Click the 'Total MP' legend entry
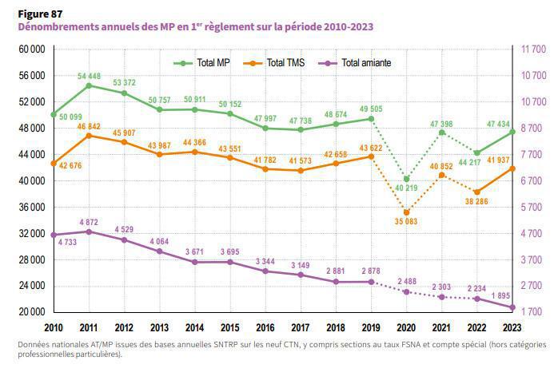tap(213, 61)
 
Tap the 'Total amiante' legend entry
tap(365, 61)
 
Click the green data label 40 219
tap(406, 188)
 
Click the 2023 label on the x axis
tap(512, 327)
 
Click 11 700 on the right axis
tap(534, 49)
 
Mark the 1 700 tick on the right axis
tap(534, 312)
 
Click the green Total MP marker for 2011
tap(89, 85)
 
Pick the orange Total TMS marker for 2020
tap(406, 212)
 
